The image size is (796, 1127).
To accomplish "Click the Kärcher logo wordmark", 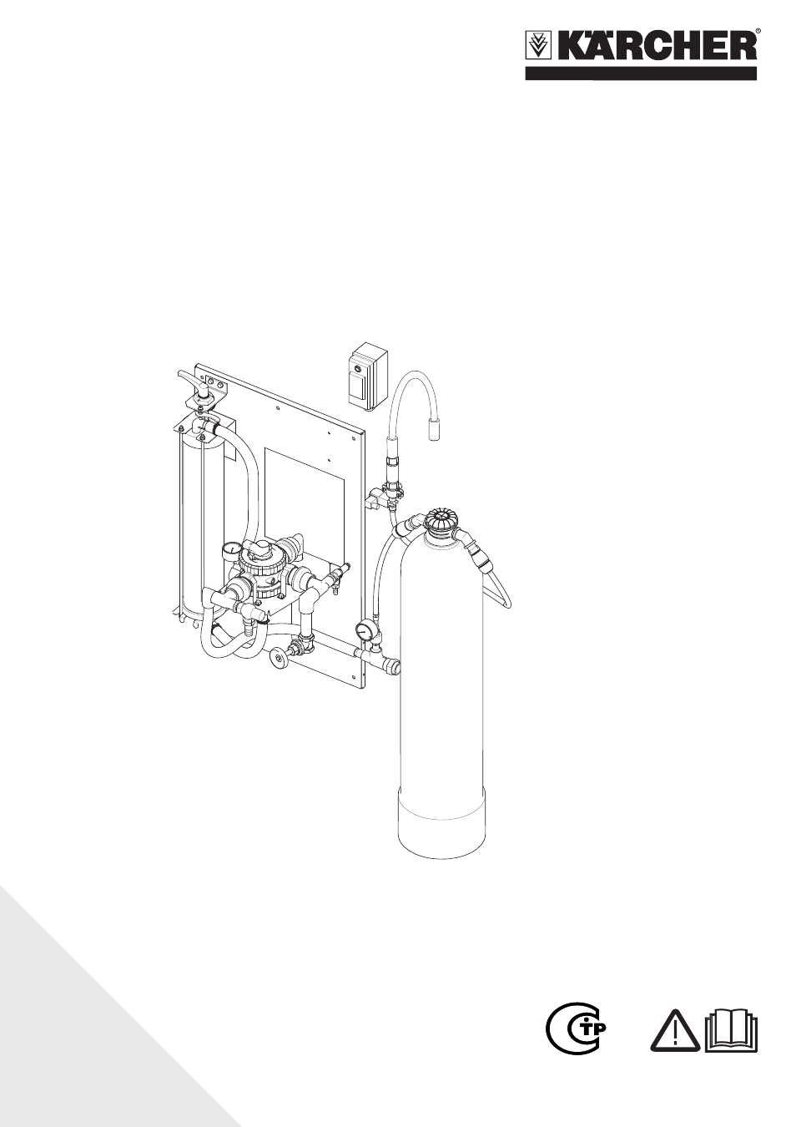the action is click(653, 48).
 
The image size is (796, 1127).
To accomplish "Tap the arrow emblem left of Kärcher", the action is click(537, 48).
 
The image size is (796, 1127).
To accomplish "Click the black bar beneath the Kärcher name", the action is click(641, 73).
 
